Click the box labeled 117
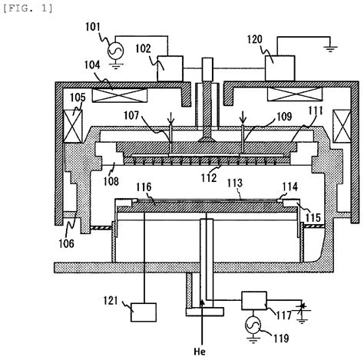[255, 301]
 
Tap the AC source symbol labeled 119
[253, 327]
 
